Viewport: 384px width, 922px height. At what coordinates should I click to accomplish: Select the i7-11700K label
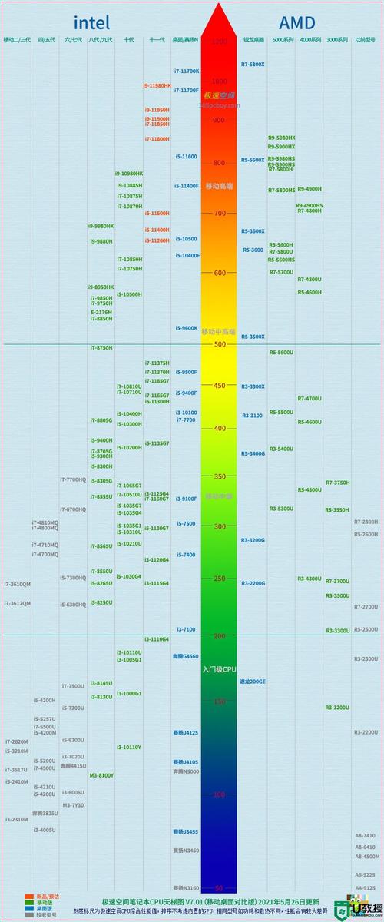(x=187, y=71)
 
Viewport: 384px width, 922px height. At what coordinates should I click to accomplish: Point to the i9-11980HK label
(x=157, y=85)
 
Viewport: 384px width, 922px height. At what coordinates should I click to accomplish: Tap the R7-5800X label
(x=253, y=64)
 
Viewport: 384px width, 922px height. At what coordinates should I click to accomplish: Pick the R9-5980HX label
(x=281, y=138)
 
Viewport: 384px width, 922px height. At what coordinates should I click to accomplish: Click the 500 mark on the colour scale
(x=219, y=344)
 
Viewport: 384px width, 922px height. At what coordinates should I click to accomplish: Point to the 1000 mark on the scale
(x=219, y=81)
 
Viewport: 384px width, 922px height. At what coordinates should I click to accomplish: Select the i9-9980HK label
(x=101, y=226)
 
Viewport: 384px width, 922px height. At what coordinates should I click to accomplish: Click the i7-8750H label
(x=101, y=347)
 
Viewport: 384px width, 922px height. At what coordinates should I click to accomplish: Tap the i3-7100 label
(x=186, y=629)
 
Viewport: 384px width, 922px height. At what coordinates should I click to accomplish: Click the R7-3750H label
(x=337, y=483)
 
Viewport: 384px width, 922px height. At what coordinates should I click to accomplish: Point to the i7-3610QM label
(x=17, y=584)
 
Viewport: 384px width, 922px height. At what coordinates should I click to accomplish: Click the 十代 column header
(x=129, y=39)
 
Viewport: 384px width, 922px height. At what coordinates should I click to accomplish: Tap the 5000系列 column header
(x=283, y=39)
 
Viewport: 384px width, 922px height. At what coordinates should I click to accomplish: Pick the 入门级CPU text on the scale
(x=219, y=669)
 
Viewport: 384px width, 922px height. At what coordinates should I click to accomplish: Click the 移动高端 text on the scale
(x=219, y=187)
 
